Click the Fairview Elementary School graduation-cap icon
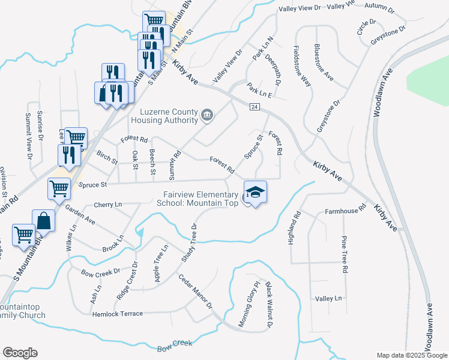point(255,193)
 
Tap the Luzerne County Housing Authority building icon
point(207,115)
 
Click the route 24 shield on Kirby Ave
point(255,106)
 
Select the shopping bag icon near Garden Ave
point(44,221)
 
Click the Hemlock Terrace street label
point(118,313)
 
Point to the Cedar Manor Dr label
point(196,291)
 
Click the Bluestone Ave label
point(324,61)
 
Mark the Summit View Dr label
point(28,137)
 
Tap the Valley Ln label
point(328,298)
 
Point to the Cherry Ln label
point(108,205)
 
